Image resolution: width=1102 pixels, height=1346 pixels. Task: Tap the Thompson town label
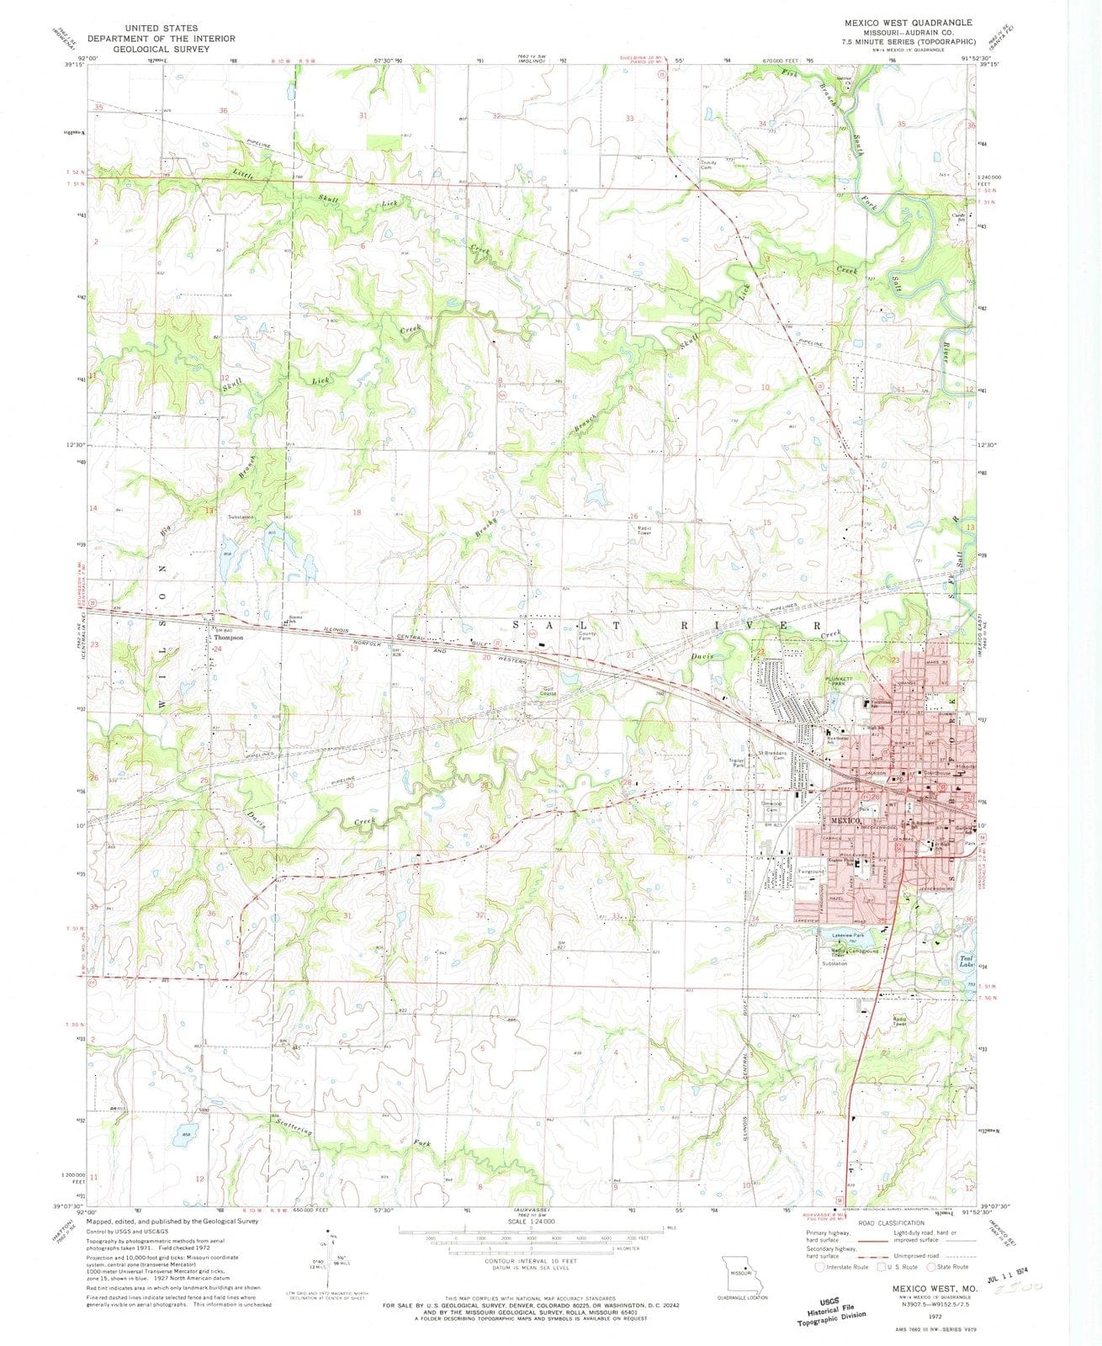tap(227, 638)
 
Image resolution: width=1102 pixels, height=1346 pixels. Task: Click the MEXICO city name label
tap(845, 820)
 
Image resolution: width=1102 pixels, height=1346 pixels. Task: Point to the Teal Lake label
tap(967, 960)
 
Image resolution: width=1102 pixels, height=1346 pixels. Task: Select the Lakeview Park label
tap(848, 935)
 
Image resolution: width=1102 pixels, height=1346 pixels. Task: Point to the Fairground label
tap(811, 872)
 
